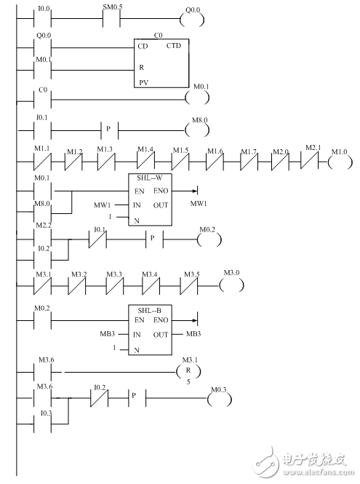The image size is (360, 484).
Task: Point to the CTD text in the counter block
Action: (x=174, y=46)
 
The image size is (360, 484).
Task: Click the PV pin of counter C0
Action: (x=145, y=83)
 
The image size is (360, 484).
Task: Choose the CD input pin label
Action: (x=143, y=46)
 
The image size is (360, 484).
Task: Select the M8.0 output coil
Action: (x=197, y=130)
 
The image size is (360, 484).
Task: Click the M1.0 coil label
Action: (x=338, y=151)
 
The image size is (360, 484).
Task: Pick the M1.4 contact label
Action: (x=146, y=150)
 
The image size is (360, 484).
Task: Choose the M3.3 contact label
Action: (x=114, y=274)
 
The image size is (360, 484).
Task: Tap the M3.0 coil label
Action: (x=230, y=271)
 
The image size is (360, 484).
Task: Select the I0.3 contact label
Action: (x=44, y=413)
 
